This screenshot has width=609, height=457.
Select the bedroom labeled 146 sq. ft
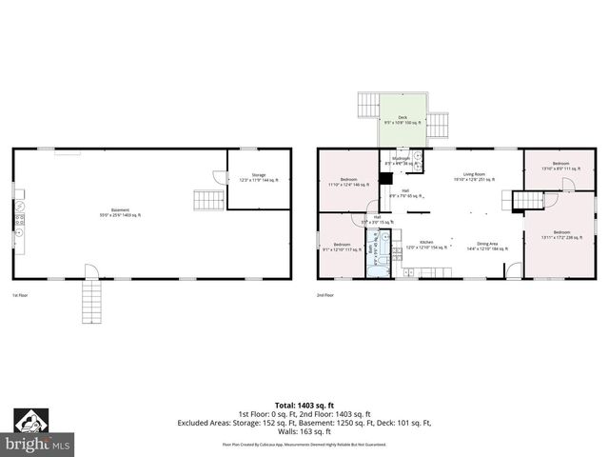pos(348,182)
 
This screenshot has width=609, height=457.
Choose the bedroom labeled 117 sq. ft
pos(343,247)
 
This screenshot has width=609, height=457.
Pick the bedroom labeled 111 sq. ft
pos(555,166)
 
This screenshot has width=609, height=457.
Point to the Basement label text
pos(119,212)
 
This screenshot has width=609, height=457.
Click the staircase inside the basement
pos(207,200)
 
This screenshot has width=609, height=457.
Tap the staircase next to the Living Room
pos(528,200)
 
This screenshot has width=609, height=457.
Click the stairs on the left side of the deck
pos(367,104)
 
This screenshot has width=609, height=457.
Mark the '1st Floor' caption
pos(22,295)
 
